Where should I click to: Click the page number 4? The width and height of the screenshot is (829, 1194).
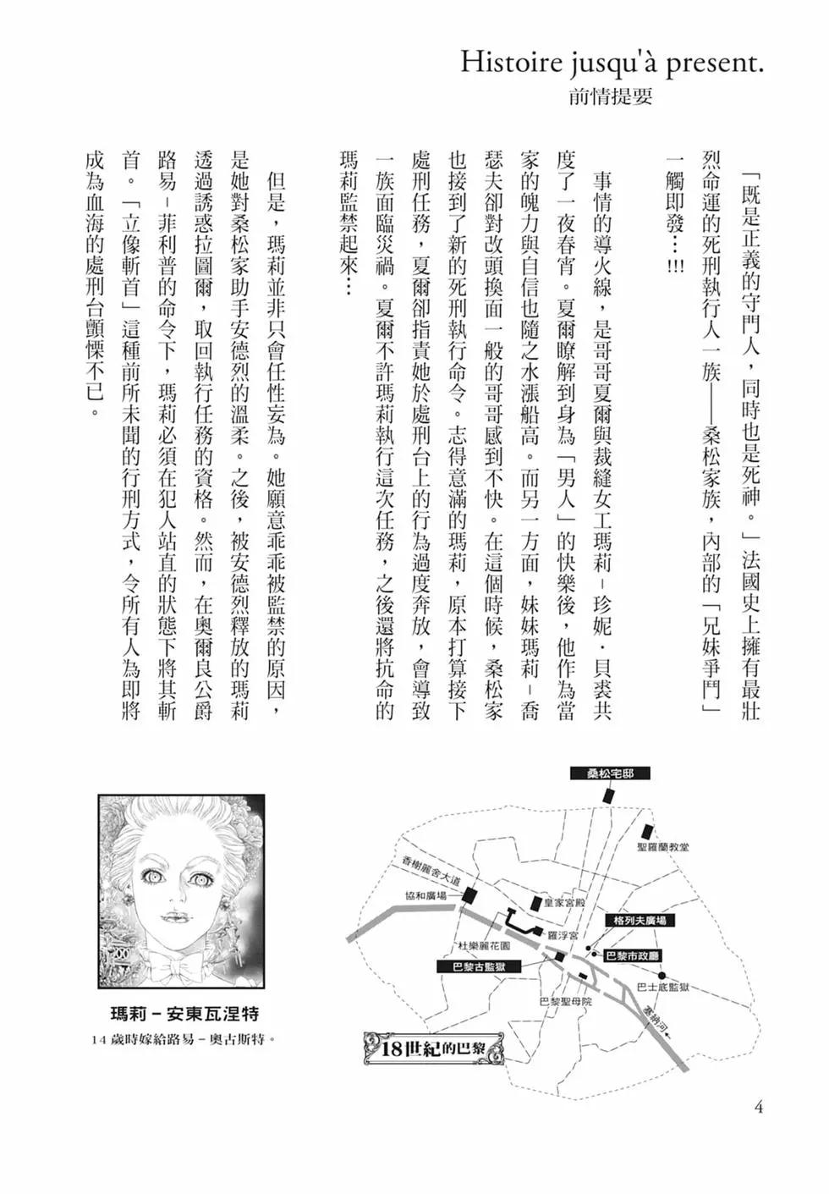coord(758,1107)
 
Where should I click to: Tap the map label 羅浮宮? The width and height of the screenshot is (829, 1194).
coord(562,936)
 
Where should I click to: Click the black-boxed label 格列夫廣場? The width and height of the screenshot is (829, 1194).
coord(640,920)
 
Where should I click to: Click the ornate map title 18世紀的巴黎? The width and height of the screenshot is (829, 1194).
coord(436,1050)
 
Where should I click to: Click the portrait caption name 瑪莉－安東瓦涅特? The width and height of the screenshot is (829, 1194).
coord(185,1014)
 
